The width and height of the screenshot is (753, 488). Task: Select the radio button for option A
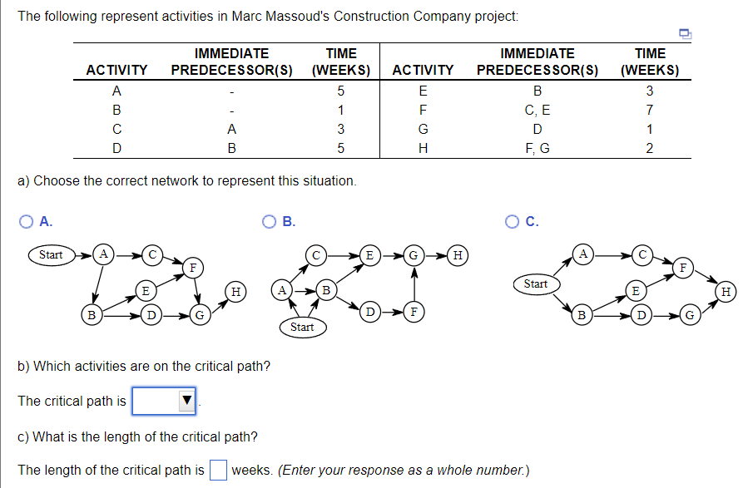click(26, 222)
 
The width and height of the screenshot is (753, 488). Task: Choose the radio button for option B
click(269, 222)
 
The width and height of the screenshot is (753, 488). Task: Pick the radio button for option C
click(512, 222)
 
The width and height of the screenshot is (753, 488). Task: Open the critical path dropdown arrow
click(187, 400)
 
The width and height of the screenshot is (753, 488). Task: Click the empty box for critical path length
click(218, 470)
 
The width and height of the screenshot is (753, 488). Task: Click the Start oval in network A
click(52, 254)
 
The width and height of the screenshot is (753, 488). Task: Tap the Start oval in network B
click(303, 328)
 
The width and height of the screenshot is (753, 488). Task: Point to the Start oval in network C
click(537, 284)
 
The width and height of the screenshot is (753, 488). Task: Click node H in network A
click(235, 292)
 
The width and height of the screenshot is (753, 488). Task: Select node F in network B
click(414, 313)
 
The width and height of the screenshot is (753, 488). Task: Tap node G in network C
click(690, 315)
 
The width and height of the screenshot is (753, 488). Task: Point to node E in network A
click(146, 291)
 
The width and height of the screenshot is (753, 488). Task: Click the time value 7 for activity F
click(649, 110)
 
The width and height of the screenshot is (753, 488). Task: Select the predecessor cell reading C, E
click(538, 111)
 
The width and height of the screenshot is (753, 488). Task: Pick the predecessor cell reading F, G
click(538, 149)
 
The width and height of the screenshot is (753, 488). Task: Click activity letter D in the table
click(116, 148)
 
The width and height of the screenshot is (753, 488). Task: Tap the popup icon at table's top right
click(686, 33)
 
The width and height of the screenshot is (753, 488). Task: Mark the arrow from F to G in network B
click(414, 285)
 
